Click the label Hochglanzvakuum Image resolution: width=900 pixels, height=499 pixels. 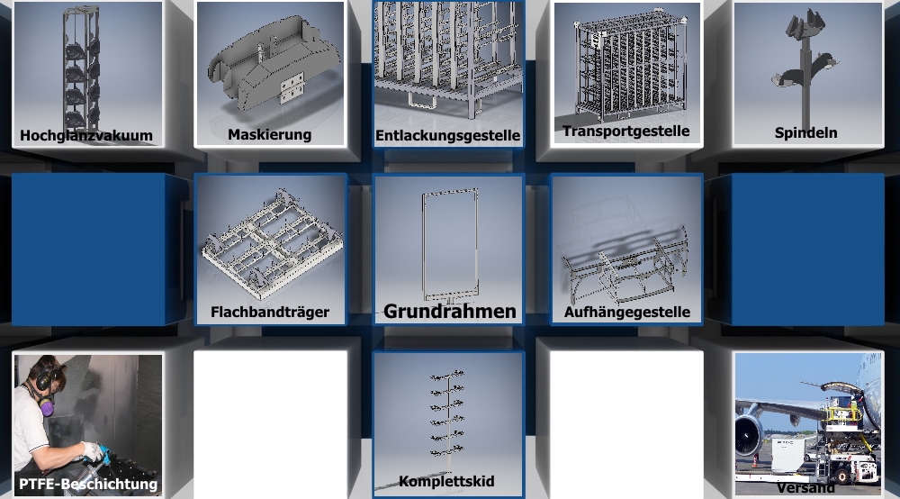click(x=86, y=135)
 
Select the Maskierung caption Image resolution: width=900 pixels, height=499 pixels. click(x=270, y=135)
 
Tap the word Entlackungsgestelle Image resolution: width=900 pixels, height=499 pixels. click(x=447, y=135)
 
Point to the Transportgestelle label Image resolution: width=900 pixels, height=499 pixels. click(x=626, y=132)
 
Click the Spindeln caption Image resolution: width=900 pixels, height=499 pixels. click(x=805, y=132)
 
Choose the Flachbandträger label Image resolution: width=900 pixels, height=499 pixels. click(x=270, y=312)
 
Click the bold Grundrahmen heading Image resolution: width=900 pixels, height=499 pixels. click(x=449, y=312)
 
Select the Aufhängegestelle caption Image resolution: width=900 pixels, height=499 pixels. click(x=626, y=313)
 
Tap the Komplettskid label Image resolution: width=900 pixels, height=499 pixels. click(x=446, y=481)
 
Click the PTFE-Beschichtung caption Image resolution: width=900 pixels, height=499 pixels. click(x=88, y=484)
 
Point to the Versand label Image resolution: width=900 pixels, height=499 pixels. click(x=805, y=488)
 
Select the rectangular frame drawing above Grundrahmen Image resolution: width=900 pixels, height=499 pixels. click(x=451, y=245)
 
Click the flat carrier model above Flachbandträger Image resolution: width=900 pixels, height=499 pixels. click(x=272, y=242)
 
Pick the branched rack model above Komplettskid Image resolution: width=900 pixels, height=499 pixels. click(x=446, y=414)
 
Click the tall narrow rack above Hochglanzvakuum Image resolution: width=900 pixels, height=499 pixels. click(x=80, y=69)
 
